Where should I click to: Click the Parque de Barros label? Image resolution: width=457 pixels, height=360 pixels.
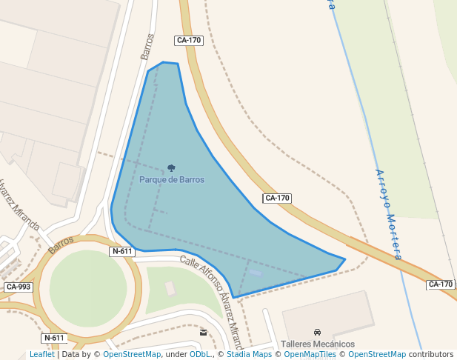(x=172, y=179)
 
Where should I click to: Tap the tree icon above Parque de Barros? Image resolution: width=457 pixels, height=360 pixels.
(x=172, y=168)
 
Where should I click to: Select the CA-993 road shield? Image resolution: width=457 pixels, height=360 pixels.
(x=19, y=287)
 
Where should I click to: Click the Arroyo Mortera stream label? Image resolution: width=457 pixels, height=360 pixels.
(x=389, y=215)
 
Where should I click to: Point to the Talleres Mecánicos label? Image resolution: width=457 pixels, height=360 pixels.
(x=317, y=344)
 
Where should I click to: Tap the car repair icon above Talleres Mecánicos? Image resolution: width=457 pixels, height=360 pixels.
(x=317, y=332)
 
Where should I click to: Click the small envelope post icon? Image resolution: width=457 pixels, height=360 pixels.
(x=204, y=333)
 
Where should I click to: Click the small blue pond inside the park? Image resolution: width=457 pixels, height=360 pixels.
(x=256, y=273)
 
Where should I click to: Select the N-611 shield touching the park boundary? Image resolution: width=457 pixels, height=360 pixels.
(x=122, y=251)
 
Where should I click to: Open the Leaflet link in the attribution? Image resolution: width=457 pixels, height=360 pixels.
(x=41, y=354)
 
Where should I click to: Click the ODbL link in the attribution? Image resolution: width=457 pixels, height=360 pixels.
(x=200, y=354)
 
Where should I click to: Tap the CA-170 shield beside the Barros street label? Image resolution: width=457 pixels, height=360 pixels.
(x=189, y=40)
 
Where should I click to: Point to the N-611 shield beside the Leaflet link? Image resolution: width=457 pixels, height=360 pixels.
(x=55, y=338)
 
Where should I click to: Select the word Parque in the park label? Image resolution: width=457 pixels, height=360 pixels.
(x=152, y=179)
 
